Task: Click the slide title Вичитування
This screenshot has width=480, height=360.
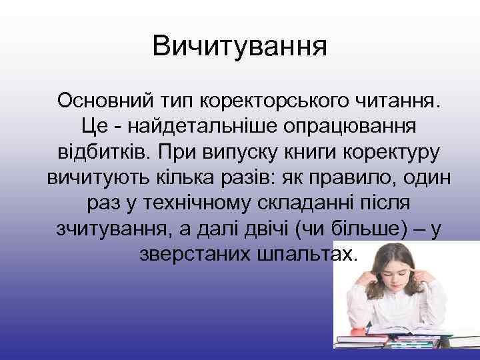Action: pos(240,47)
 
